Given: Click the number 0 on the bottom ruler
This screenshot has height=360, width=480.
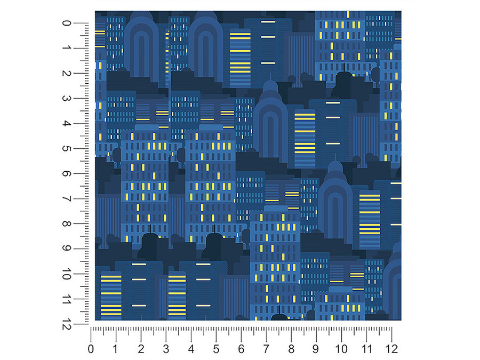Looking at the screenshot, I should tap(91, 349).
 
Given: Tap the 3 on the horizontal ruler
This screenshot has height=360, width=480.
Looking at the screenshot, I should tap(166, 349).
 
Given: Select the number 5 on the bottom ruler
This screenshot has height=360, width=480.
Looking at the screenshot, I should tap(216, 349).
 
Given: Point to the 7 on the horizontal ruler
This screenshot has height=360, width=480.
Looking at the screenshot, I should tap(266, 349).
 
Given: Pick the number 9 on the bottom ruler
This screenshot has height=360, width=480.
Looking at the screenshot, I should tap(316, 349).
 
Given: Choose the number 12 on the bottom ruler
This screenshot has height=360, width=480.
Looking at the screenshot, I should tap(391, 349).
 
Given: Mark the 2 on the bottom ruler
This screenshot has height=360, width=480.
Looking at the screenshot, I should tap(141, 349).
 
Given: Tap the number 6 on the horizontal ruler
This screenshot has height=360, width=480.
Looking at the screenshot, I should tap(241, 349).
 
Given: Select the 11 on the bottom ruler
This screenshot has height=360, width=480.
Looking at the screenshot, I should tap(366, 349).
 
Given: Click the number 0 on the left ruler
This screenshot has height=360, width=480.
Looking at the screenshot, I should tap(66, 23).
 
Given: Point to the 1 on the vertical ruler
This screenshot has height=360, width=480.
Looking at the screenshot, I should tap(66, 49).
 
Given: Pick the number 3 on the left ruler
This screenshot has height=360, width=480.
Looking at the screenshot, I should tap(66, 99).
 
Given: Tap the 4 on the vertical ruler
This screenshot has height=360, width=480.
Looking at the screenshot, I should tap(66, 124).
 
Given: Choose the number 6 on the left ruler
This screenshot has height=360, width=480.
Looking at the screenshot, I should tap(66, 174).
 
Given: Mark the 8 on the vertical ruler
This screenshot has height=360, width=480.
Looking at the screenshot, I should tap(66, 224).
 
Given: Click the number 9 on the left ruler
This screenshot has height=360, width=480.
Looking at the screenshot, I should tap(66, 249).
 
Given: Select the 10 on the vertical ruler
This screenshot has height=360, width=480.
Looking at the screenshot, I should tap(66, 274).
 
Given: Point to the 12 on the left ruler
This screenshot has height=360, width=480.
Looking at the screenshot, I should tap(66, 324).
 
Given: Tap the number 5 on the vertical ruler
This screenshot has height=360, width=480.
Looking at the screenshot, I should tap(66, 149).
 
